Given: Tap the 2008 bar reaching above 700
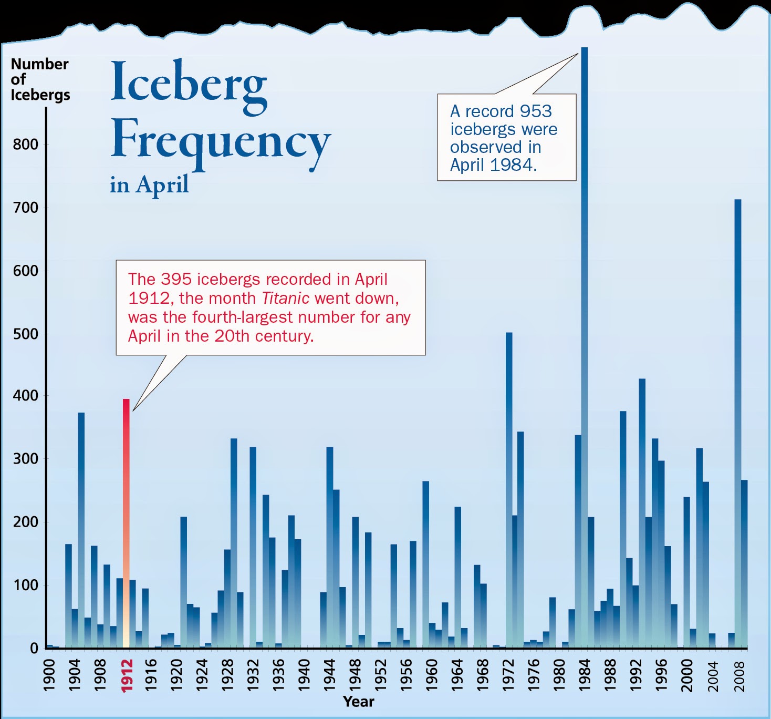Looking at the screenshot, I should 738,420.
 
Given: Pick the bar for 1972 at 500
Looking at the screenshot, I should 509,489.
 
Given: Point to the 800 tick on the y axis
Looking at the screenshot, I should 26,145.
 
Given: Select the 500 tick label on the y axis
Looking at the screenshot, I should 26,334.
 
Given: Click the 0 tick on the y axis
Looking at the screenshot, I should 34,649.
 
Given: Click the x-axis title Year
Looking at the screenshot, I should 358,702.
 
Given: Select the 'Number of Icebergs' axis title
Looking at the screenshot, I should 40,79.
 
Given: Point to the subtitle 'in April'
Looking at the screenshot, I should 149,184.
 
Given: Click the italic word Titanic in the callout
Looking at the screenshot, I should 285,299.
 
